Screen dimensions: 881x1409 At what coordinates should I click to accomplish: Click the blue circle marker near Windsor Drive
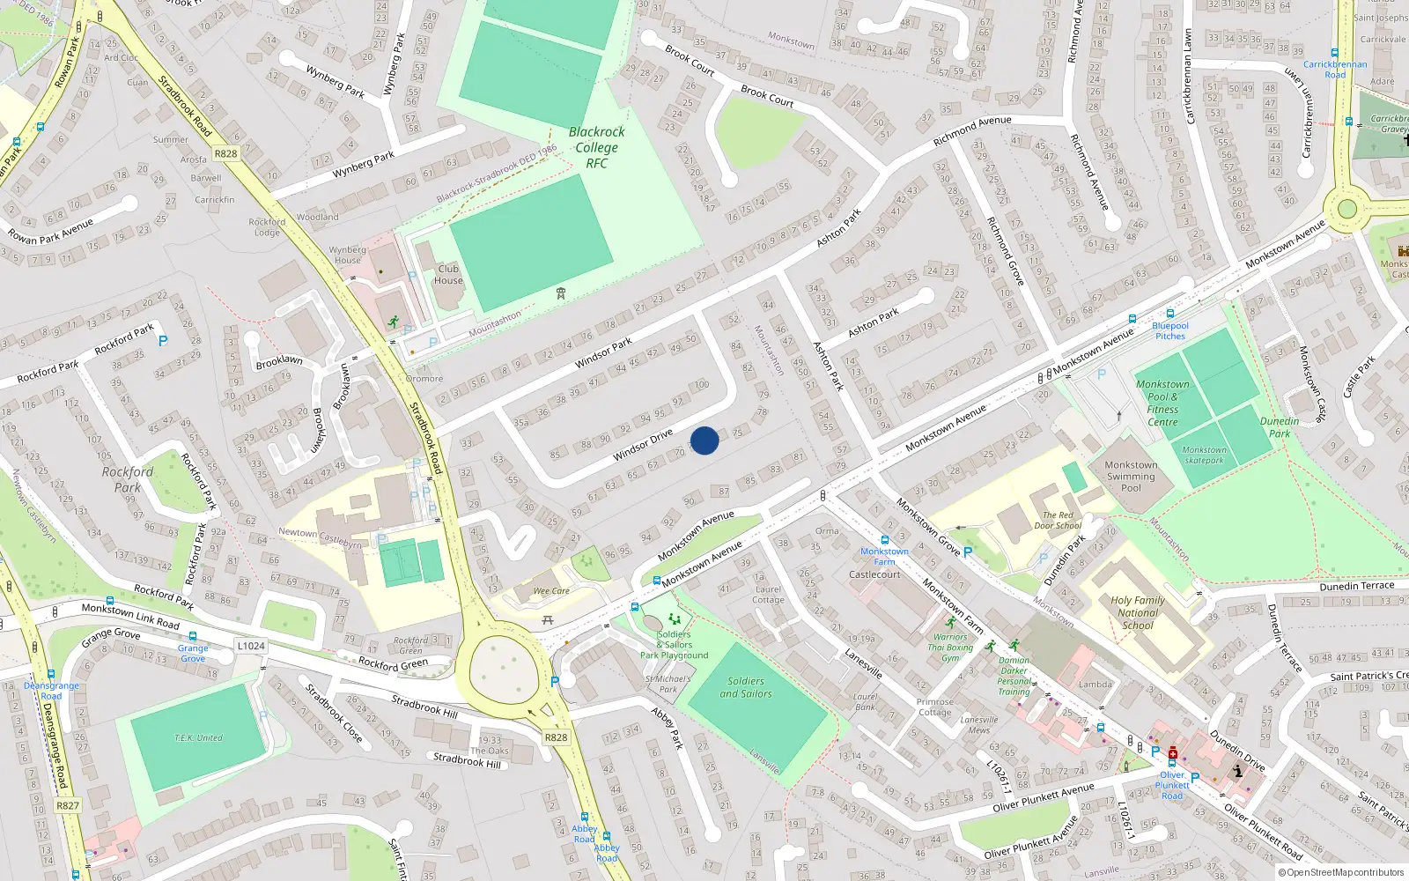[x=704, y=440]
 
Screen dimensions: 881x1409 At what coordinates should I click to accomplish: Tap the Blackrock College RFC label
[x=596, y=147]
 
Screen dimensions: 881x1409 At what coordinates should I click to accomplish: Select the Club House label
[x=448, y=275]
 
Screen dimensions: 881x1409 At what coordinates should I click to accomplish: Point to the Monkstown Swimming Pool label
[x=1131, y=476]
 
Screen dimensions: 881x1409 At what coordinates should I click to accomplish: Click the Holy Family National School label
[x=1138, y=612]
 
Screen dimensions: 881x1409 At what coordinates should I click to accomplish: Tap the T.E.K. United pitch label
[x=198, y=737]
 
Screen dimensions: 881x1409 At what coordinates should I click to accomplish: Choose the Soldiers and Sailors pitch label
[x=746, y=687]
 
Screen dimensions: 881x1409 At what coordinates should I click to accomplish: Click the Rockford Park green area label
[x=128, y=479]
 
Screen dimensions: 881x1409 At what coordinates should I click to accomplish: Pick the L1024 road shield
[x=250, y=646]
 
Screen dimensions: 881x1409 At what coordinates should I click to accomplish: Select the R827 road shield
[x=68, y=805]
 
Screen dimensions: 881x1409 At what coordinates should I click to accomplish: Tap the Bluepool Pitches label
[x=1170, y=330]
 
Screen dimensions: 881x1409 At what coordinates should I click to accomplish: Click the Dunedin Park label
[x=1280, y=427]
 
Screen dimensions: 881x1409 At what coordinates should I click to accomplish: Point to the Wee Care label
[x=551, y=591]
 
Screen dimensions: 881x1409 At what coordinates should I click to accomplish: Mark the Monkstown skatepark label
[x=1204, y=455]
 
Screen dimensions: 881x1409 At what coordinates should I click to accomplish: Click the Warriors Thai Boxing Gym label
[x=950, y=648]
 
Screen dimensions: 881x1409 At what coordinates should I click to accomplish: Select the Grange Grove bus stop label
[x=193, y=653]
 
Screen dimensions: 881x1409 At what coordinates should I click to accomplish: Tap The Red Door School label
[x=1058, y=520]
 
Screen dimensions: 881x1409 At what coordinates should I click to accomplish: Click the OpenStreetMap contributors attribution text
[x=1341, y=872]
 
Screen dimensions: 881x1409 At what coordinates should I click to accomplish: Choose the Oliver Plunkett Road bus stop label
[x=1172, y=785]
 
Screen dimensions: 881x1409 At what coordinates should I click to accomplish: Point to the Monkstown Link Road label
[x=130, y=616]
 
